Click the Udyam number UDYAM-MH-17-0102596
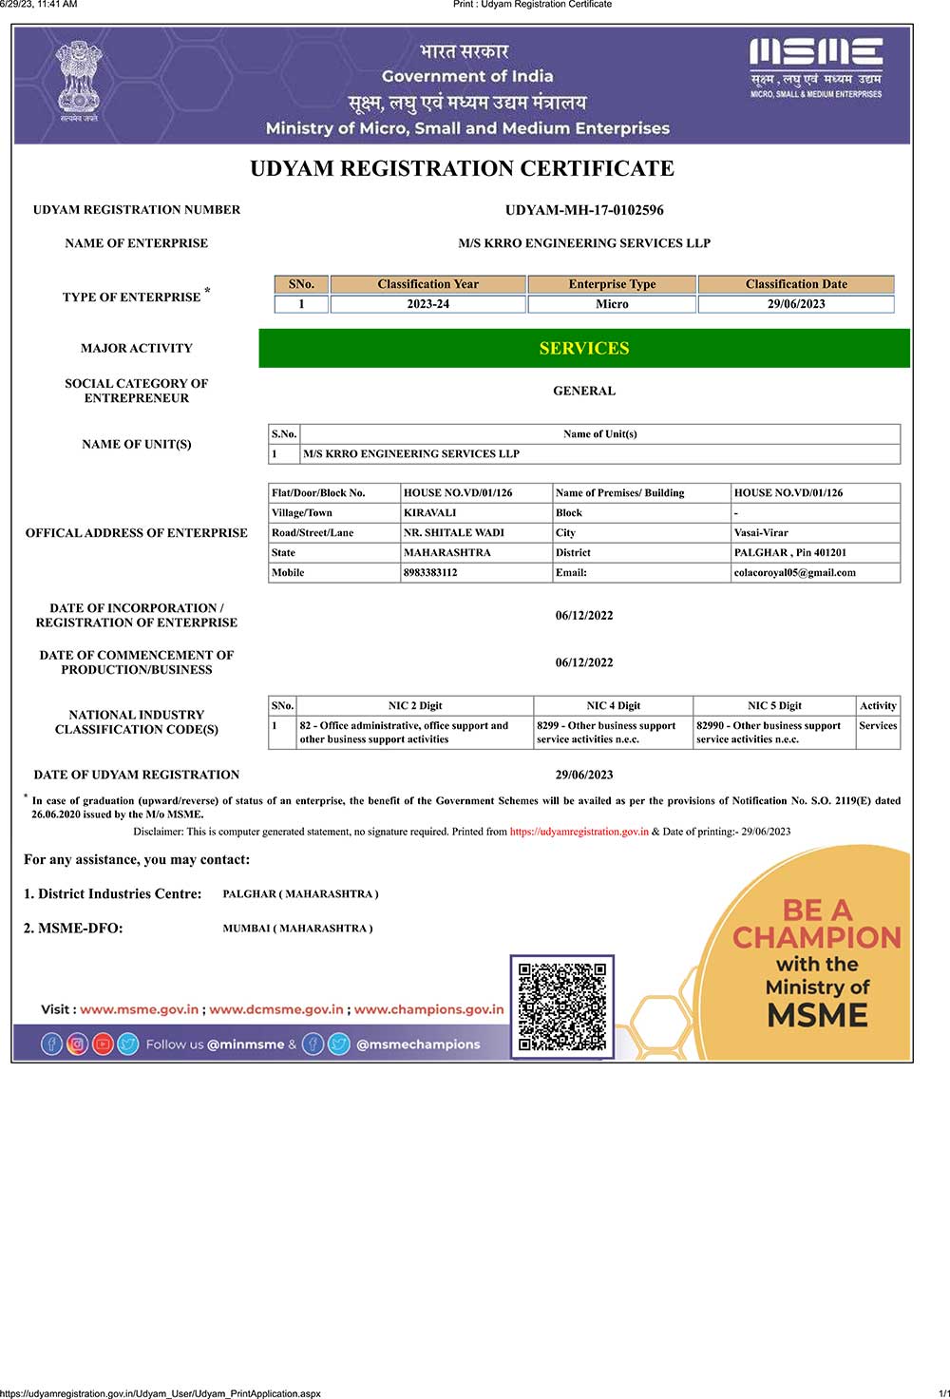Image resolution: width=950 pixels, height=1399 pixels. tap(584, 210)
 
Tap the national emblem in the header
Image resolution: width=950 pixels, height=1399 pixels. tap(78, 80)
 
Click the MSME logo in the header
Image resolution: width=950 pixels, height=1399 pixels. tap(816, 66)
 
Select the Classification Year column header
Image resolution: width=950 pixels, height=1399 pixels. tap(427, 284)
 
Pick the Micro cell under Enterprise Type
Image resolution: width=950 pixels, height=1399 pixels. tap(612, 304)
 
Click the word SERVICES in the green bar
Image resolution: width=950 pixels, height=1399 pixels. tap(584, 349)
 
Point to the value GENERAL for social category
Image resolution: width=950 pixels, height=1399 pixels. tap(584, 391)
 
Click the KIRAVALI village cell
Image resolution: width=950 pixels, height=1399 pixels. tap(430, 512)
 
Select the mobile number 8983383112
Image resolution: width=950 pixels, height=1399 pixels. tap(430, 572)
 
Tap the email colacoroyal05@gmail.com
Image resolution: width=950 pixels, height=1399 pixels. tap(794, 572)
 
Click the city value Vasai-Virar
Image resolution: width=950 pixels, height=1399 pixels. tap(761, 532)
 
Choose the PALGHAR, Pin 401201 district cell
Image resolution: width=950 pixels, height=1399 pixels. tap(789, 552)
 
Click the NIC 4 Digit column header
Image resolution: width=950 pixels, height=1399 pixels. tap(613, 705)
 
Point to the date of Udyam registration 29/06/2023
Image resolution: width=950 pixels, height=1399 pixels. tap(584, 775)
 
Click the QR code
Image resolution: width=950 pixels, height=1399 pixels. tap(562, 1006)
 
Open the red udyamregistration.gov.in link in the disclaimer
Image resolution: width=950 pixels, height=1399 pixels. tap(579, 832)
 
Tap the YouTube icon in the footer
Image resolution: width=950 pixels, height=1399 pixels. tap(103, 1044)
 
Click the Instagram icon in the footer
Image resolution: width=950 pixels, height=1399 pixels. tap(78, 1044)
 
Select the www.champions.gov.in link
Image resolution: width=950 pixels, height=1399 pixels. tap(428, 1009)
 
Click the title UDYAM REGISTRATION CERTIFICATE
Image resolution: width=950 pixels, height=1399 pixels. tap(462, 169)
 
